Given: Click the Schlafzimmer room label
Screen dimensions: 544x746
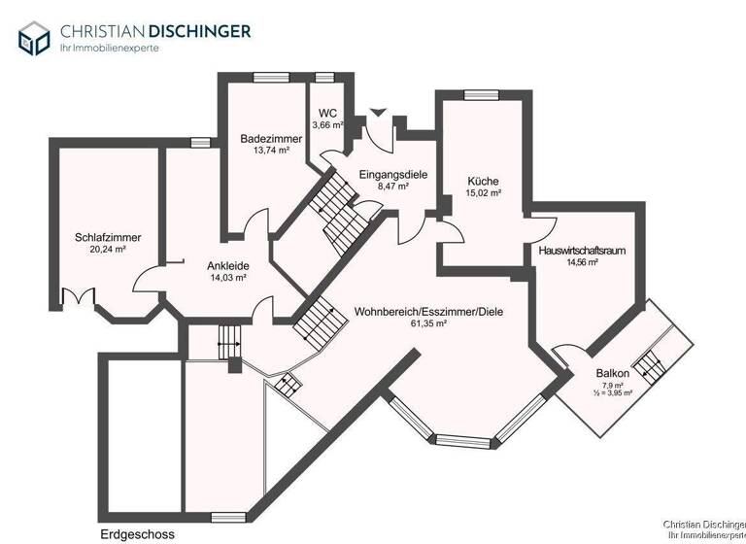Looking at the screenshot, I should [108, 237].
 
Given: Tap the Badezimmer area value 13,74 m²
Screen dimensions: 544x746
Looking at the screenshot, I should [265, 151].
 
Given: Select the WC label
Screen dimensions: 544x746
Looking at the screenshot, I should [328, 112].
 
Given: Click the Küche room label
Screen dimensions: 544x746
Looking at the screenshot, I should [483, 181].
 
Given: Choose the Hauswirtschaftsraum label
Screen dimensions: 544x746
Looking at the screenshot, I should [581, 250].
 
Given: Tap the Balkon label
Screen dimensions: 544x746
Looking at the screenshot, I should [613, 374].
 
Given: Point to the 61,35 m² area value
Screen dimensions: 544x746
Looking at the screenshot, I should [427, 324].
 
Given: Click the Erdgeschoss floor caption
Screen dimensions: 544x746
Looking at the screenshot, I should [137, 534].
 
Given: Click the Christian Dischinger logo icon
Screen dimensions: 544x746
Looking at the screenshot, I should [33, 38].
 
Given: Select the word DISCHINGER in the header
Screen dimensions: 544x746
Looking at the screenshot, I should [198, 30].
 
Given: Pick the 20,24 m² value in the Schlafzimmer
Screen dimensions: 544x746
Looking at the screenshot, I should [108, 249].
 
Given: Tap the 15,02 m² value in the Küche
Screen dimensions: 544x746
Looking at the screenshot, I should [483, 192].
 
